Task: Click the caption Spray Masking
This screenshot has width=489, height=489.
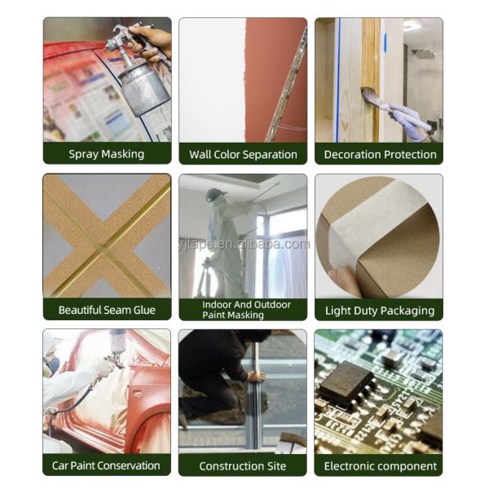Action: coord(106,154)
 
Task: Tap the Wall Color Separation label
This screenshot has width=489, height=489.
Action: coord(243,154)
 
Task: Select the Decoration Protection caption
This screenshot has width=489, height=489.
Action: coord(380,154)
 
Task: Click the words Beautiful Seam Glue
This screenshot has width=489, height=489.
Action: coord(107,310)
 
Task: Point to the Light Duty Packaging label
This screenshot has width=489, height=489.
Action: coord(380,311)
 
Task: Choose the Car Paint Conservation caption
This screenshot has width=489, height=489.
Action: coord(106,465)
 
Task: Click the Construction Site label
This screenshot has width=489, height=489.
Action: coord(243,466)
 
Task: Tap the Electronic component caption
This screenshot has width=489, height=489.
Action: coord(380,466)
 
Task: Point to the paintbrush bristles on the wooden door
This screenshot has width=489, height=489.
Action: coord(370,94)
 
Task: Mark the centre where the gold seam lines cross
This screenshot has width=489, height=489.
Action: coord(105,249)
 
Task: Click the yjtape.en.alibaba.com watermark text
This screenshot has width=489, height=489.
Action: coord(244,244)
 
